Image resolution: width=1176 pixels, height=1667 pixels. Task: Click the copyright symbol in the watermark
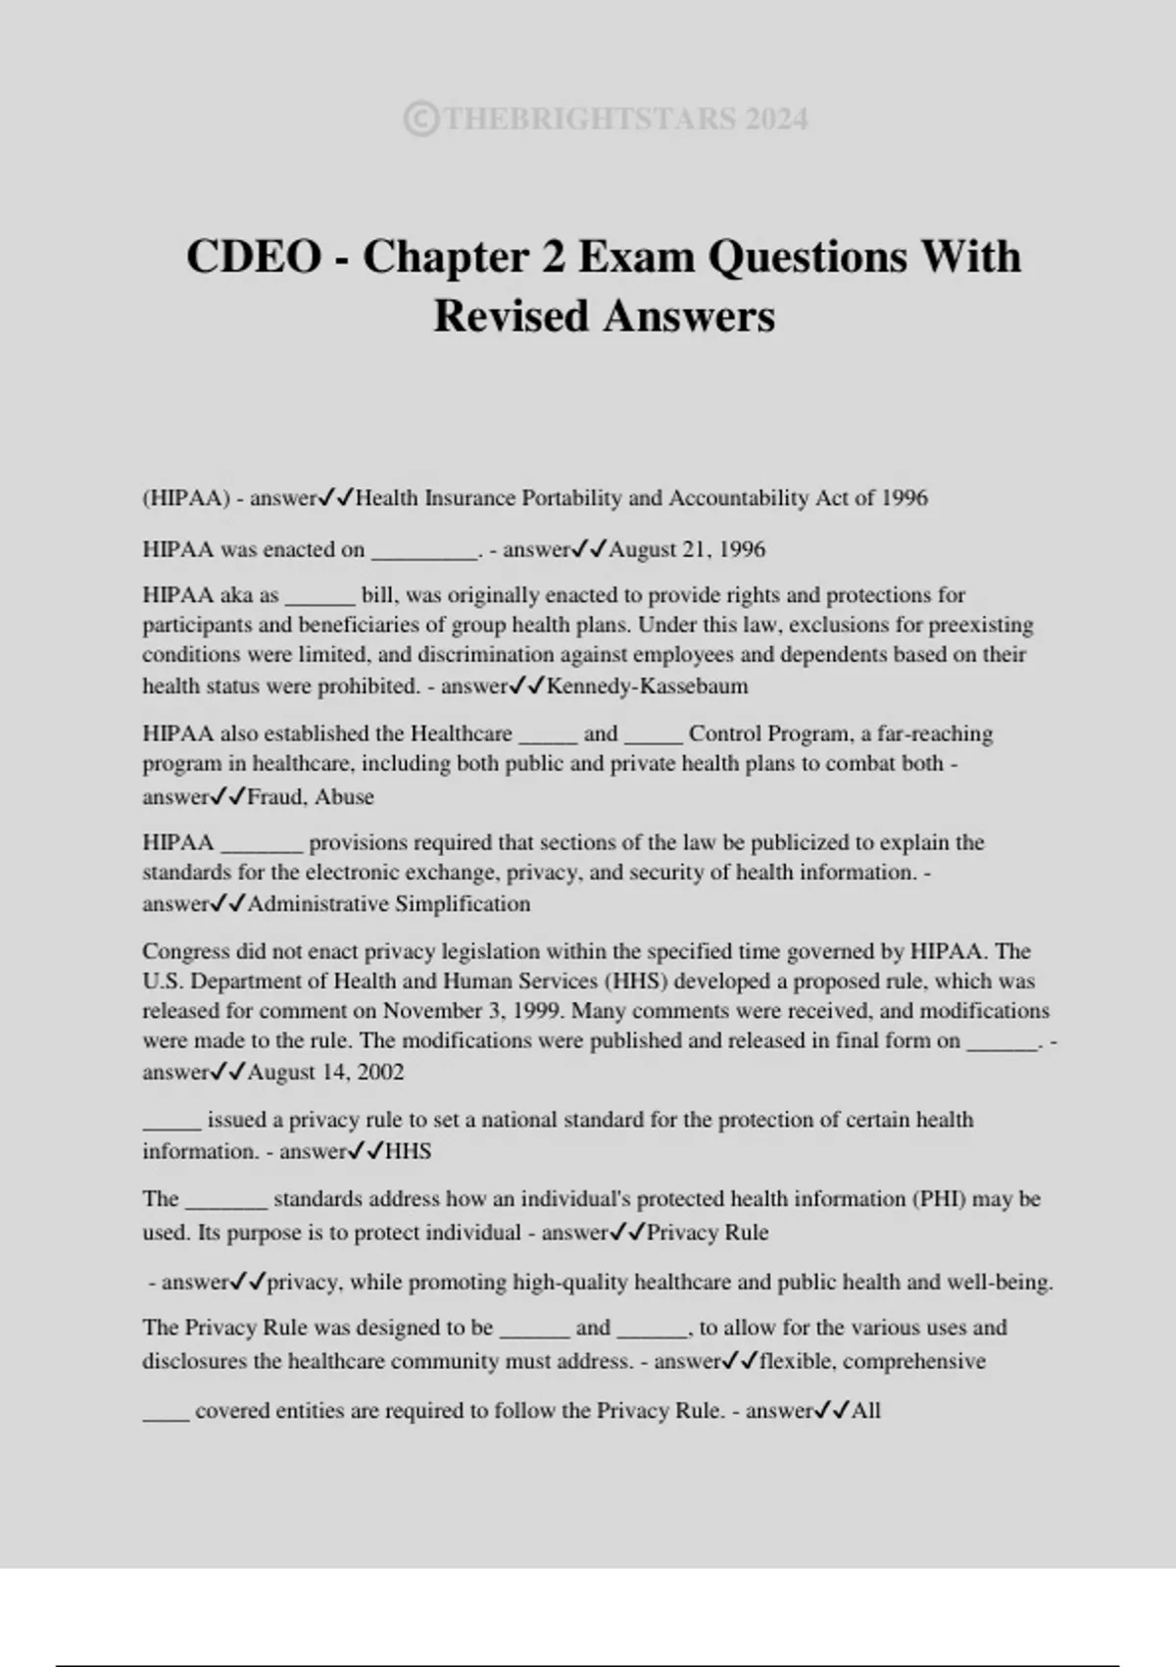pyautogui.click(x=420, y=120)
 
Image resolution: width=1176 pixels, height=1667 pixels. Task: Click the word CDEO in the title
pyautogui.click(x=254, y=257)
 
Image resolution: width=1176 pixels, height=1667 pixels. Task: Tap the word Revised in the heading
pyautogui.click(x=512, y=316)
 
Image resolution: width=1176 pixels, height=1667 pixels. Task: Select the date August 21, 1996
pyautogui.click(x=687, y=550)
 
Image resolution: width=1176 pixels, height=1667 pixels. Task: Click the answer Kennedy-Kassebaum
pyautogui.click(x=647, y=686)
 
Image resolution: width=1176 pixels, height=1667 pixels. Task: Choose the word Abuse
pyautogui.click(x=344, y=797)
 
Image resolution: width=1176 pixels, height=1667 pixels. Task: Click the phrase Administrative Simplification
pyautogui.click(x=389, y=904)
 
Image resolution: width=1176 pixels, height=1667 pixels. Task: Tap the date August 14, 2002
pyautogui.click(x=325, y=1073)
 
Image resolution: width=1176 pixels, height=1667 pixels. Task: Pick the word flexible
pyautogui.click(x=796, y=1362)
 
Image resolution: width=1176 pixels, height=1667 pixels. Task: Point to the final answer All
pyautogui.click(x=866, y=1411)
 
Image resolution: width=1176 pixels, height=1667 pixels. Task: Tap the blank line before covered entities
pyautogui.click(x=166, y=1412)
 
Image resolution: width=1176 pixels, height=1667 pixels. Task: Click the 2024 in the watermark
pyautogui.click(x=776, y=120)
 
